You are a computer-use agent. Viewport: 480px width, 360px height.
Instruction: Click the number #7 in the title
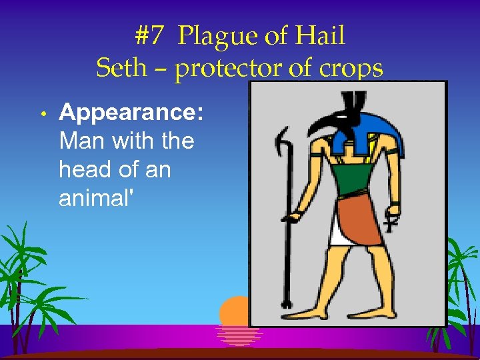tap(149, 35)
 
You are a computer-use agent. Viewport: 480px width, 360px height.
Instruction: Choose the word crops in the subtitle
tap(351, 67)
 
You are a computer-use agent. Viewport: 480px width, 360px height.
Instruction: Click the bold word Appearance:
tap(131, 113)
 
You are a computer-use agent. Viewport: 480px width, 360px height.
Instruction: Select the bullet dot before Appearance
tap(41, 114)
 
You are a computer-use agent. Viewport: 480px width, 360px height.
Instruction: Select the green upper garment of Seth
tap(354, 180)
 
